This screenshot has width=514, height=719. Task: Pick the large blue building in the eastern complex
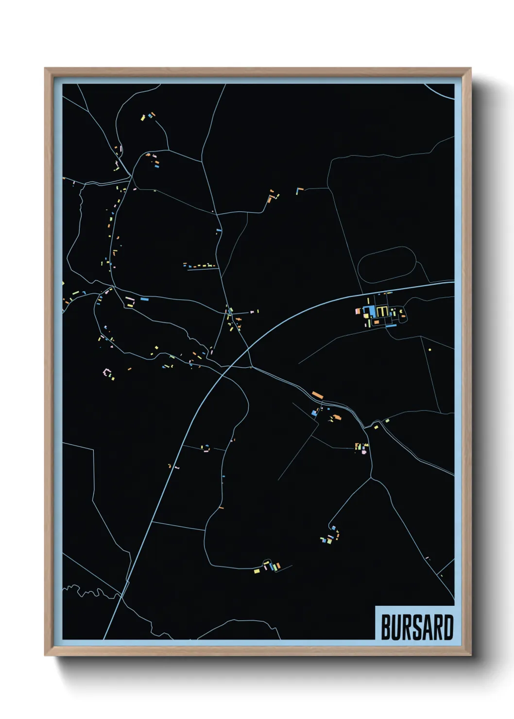pos(371,311)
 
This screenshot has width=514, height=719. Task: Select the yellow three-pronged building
pos(382,311)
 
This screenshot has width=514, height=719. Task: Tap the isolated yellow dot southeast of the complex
pos(429,349)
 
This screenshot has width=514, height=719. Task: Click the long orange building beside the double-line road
pos(317,394)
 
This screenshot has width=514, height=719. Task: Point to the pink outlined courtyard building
pos(107,373)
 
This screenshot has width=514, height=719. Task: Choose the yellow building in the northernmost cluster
pos(143,117)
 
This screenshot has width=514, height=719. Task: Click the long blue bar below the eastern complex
pos(391,326)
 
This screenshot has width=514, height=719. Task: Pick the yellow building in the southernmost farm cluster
pos(257,571)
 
